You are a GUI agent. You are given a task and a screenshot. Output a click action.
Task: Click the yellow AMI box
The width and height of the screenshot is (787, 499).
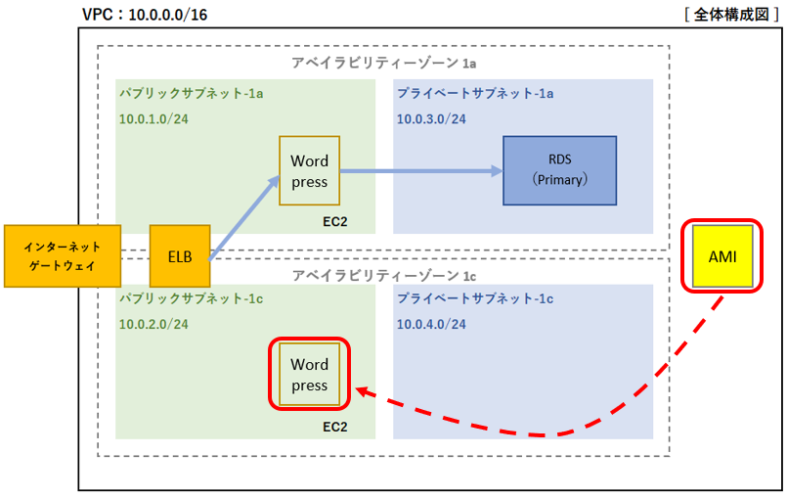(722, 256)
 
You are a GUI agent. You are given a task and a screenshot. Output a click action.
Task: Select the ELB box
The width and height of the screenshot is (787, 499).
(180, 256)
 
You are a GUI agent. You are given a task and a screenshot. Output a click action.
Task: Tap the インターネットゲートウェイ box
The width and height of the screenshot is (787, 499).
(63, 256)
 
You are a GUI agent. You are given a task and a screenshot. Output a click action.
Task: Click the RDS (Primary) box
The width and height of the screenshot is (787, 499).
(559, 170)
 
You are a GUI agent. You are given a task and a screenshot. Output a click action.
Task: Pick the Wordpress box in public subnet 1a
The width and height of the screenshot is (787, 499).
(309, 170)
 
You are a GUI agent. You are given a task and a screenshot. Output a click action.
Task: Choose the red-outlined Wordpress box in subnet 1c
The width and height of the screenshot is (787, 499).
(309, 375)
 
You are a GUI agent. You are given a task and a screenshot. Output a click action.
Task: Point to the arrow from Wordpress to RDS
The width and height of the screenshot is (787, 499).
(421, 171)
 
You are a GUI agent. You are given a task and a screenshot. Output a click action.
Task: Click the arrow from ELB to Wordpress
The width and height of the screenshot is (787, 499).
(244, 217)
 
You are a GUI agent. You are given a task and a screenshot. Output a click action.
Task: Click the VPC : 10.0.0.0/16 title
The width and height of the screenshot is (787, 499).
(145, 15)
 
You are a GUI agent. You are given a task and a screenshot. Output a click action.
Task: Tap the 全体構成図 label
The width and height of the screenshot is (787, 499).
(731, 15)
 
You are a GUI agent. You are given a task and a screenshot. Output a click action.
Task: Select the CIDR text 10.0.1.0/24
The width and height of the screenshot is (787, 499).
(153, 119)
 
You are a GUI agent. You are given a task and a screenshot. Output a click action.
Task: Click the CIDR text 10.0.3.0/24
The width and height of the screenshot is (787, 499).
(432, 119)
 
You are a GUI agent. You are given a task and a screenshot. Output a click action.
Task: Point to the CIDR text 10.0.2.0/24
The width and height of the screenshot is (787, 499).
(153, 324)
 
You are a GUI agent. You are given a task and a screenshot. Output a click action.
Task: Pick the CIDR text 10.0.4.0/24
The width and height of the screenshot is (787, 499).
(432, 324)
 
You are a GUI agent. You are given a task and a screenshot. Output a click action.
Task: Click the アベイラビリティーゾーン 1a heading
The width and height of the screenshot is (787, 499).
(384, 63)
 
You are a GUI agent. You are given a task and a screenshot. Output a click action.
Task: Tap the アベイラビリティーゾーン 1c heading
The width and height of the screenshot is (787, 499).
(384, 276)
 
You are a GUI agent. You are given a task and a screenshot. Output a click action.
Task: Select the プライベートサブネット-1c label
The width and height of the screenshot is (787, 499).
(475, 298)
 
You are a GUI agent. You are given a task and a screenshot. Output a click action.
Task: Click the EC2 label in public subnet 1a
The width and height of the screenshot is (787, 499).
(334, 221)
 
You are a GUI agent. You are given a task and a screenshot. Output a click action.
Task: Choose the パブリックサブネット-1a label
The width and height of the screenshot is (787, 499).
(192, 94)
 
